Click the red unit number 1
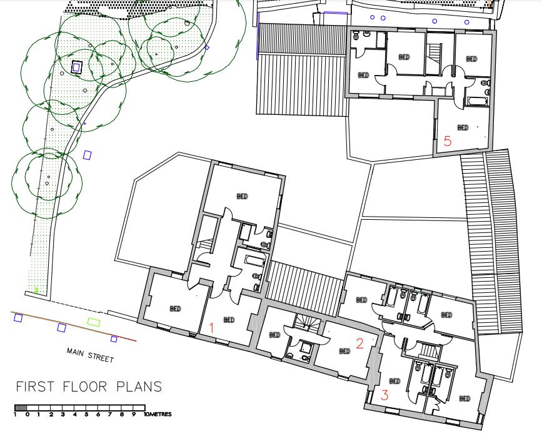coord(212,328)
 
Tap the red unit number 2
coord(359,342)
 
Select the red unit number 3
coord(384,395)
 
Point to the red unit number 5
coord(447,141)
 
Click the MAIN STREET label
coord(90,355)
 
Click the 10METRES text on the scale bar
coord(157,414)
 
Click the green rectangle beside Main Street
coord(94,322)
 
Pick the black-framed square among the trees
coord(77,67)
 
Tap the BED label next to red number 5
coord(463,128)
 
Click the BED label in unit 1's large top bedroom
coord(242,196)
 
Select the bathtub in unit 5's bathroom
coord(476,101)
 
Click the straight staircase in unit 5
coord(434,59)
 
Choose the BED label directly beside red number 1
coord(229,320)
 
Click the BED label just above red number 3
coord(394,381)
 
